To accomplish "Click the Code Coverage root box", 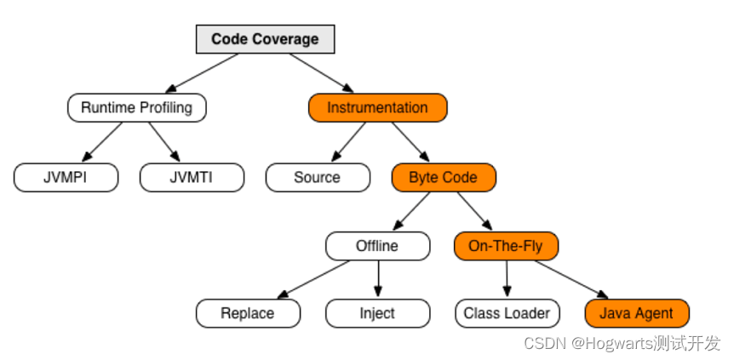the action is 265,39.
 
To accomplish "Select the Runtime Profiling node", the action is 137,108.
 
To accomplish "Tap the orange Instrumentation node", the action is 377,108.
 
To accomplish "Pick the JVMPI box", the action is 66,177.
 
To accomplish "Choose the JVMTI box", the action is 192,177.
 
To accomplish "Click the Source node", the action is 318,177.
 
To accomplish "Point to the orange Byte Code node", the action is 444,177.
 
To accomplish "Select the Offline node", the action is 377,246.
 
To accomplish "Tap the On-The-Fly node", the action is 506,246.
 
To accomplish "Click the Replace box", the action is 248,313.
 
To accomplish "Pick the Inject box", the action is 377,313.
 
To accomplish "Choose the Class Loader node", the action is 507,313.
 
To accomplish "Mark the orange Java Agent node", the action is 637,313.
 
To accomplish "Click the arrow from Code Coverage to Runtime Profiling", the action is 202,72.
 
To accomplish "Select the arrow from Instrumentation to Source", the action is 348,142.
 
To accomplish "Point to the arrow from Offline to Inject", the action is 378,279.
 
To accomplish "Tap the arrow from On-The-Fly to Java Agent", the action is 571,279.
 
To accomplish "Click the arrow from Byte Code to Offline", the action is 411,211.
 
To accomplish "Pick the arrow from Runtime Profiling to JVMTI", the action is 164,142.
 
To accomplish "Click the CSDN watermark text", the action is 622,343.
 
